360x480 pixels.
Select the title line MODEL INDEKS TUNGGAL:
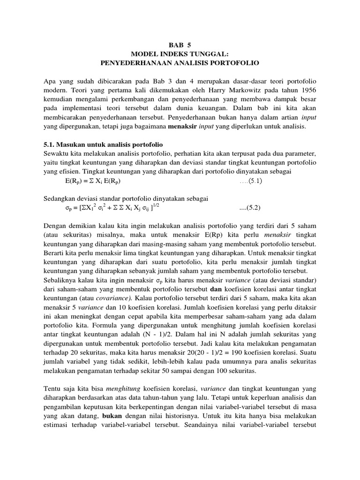(180, 53)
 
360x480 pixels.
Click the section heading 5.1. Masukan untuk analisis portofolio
(103, 144)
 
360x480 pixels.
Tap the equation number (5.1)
(256, 180)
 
